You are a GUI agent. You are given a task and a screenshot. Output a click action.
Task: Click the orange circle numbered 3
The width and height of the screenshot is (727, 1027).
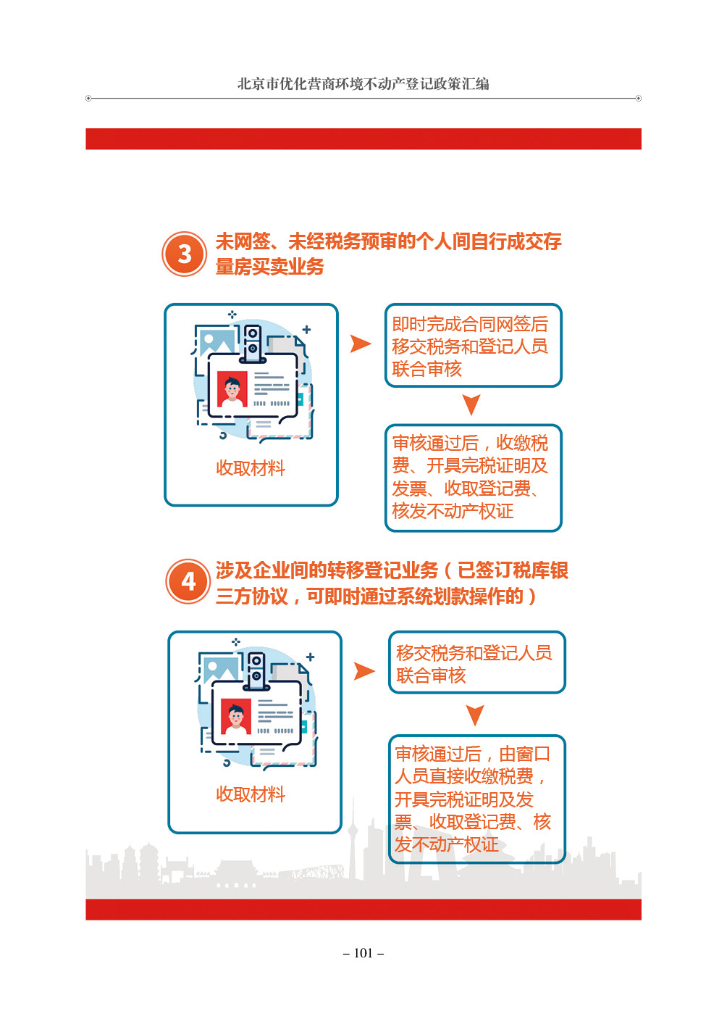click(x=184, y=254)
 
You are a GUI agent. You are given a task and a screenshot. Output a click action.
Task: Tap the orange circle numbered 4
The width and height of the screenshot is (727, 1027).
click(x=188, y=581)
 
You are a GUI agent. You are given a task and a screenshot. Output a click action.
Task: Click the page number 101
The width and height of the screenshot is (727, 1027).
click(x=363, y=953)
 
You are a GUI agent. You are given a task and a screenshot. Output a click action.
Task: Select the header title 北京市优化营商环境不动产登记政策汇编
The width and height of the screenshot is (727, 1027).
click(x=363, y=84)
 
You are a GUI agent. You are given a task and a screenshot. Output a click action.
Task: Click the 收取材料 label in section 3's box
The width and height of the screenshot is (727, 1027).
click(x=251, y=468)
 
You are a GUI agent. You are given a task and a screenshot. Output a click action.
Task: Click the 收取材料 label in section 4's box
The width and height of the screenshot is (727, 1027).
click(x=251, y=794)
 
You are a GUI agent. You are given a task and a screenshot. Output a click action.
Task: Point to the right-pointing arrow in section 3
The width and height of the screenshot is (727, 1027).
click(x=361, y=344)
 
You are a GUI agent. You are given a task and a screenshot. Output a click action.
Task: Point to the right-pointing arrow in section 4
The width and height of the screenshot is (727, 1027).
click(x=364, y=671)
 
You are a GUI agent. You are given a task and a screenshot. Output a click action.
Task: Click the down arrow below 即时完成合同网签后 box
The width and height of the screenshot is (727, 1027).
click(x=471, y=404)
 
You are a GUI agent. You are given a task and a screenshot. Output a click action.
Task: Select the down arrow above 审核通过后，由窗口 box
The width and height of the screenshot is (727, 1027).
click(x=475, y=715)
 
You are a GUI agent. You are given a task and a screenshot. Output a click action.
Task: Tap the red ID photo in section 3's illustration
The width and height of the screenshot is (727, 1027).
click(x=232, y=388)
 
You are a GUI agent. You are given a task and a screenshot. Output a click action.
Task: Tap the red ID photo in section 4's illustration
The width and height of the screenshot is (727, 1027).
click(x=236, y=717)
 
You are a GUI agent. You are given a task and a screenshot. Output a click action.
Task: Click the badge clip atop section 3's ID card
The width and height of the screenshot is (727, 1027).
click(x=253, y=344)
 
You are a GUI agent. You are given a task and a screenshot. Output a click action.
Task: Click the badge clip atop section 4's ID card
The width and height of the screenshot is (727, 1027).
click(x=256, y=670)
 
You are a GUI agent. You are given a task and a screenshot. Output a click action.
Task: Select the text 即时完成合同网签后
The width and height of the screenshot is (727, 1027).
click(x=470, y=324)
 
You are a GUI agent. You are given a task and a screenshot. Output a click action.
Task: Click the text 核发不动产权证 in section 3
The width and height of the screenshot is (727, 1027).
click(x=453, y=511)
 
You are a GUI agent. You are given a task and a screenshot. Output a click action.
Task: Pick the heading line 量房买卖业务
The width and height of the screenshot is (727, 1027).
click(x=270, y=267)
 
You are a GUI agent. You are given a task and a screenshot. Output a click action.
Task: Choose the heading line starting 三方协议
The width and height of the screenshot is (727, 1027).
click(x=376, y=596)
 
